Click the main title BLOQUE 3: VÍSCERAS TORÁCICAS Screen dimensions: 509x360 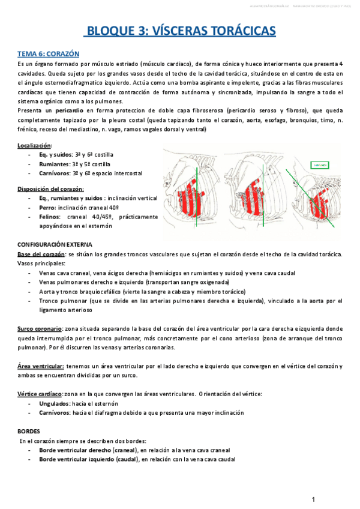(179, 31)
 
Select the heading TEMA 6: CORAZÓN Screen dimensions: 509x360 (46, 53)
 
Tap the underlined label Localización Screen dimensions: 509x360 (34, 145)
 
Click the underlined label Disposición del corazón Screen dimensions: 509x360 (50, 188)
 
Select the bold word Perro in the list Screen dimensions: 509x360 (48, 206)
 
